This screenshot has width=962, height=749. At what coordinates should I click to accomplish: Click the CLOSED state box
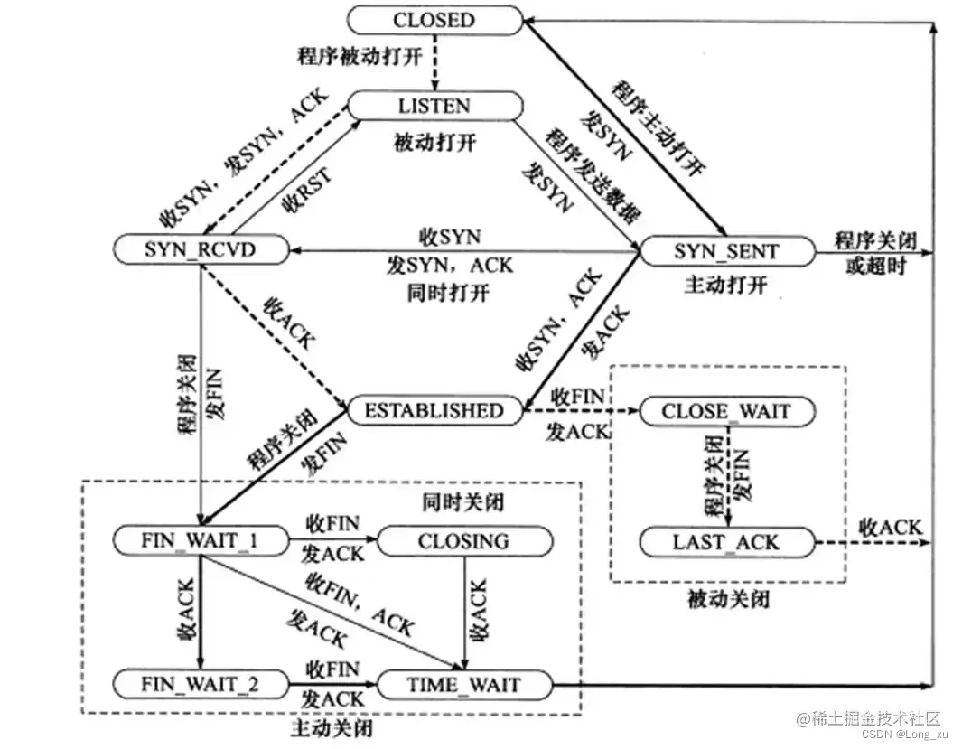[x=434, y=20]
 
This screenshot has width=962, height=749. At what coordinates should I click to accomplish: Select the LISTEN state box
[x=434, y=106]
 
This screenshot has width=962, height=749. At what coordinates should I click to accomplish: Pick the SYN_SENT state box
[x=726, y=250]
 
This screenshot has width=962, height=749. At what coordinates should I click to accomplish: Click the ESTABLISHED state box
[x=434, y=411]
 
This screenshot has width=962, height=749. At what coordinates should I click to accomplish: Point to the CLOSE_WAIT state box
[x=726, y=412]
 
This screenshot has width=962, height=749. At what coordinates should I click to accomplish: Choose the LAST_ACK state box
[x=726, y=542]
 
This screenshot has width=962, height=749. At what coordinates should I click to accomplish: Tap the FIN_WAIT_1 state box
[x=201, y=542]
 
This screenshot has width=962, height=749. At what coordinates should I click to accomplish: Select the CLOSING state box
[x=463, y=542]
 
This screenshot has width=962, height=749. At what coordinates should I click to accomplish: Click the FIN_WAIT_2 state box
[x=201, y=684]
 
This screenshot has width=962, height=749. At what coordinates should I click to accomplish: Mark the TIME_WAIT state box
[x=463, y=684]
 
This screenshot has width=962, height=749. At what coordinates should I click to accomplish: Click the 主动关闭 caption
[x=332, y=726]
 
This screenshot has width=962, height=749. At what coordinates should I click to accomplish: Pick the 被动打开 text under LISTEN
[x=434, y=142]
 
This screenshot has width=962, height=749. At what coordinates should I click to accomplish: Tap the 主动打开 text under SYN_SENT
[x=725, y=285]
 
